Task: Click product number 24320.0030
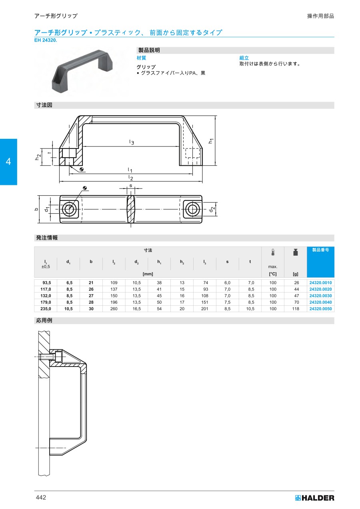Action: tap(320, 296)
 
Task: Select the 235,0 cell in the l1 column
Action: tap(46, 309)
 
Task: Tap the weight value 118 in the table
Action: tap(296, 309)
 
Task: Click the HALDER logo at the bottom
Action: tap(314, 498)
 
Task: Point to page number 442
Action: tap(41, 497)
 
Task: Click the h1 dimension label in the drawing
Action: tap(210, 141)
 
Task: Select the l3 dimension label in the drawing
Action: tap(132, 142)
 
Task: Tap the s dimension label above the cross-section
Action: tap(130, 186)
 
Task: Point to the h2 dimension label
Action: tap(38, 157)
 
